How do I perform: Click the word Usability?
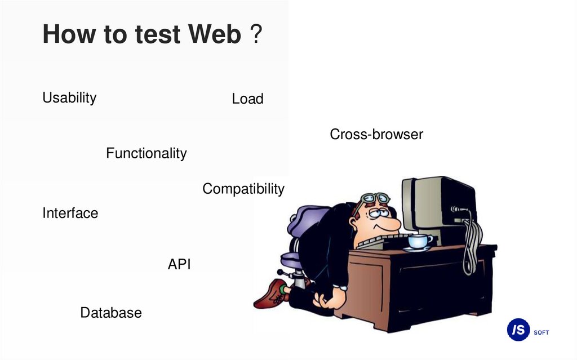(x=69, y=97)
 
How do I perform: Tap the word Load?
(x=247, y=99)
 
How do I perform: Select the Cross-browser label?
(x=376, y=135)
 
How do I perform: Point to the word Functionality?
(x=146, y=153)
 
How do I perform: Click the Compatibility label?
(x=243, y=189)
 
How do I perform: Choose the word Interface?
(x=70, y=213)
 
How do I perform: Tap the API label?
(x=179, y=264)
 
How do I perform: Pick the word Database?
(x=110, y=313)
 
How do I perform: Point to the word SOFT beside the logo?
(x=541, y=332)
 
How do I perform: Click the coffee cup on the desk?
(x=419, y=242)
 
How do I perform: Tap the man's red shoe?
(x=272, y=294)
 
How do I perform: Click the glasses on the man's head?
(x=375, y=198)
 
